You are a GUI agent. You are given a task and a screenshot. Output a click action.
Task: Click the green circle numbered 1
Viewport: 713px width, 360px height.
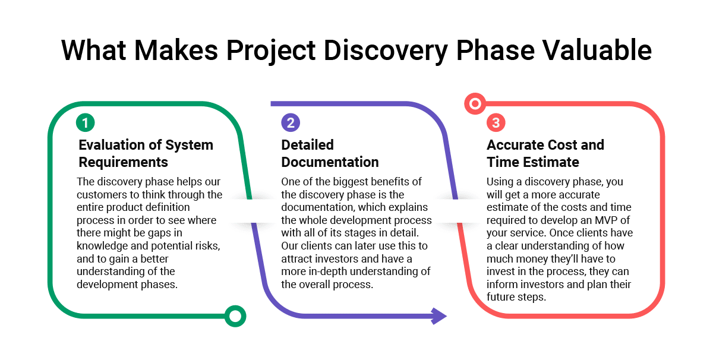point(85,123)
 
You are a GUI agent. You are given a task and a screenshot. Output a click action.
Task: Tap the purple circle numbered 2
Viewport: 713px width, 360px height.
point(291,123)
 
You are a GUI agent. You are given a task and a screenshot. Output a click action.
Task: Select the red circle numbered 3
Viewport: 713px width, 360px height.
point(496,123)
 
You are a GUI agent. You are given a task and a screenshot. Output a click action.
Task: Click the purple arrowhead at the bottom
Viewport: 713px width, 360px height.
point(439,316)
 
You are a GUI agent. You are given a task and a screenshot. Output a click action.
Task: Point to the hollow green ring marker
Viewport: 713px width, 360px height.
point(236,316)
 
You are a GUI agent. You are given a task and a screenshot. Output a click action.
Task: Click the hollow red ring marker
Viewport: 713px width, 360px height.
point(474,105)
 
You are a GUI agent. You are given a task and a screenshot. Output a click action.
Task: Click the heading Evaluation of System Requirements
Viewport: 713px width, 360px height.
point(146,153)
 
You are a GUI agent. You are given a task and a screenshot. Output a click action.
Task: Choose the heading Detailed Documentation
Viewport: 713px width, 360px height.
point(330,153)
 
